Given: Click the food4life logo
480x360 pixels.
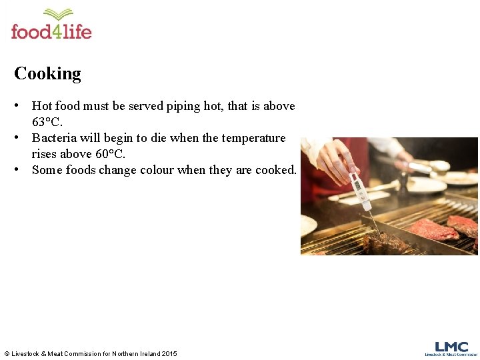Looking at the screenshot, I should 51,25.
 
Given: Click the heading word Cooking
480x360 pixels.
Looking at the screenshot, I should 47,73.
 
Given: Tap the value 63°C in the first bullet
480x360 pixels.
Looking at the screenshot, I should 47,122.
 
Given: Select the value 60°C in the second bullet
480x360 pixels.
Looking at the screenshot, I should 110,154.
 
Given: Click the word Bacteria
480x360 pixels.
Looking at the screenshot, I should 55,138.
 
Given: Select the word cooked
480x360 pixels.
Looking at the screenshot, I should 275,170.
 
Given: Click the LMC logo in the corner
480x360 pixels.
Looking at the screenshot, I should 451,349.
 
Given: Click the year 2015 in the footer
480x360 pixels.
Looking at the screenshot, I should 169,353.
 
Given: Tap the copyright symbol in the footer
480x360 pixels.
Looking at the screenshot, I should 7,353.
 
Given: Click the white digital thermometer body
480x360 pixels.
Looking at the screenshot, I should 357,186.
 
